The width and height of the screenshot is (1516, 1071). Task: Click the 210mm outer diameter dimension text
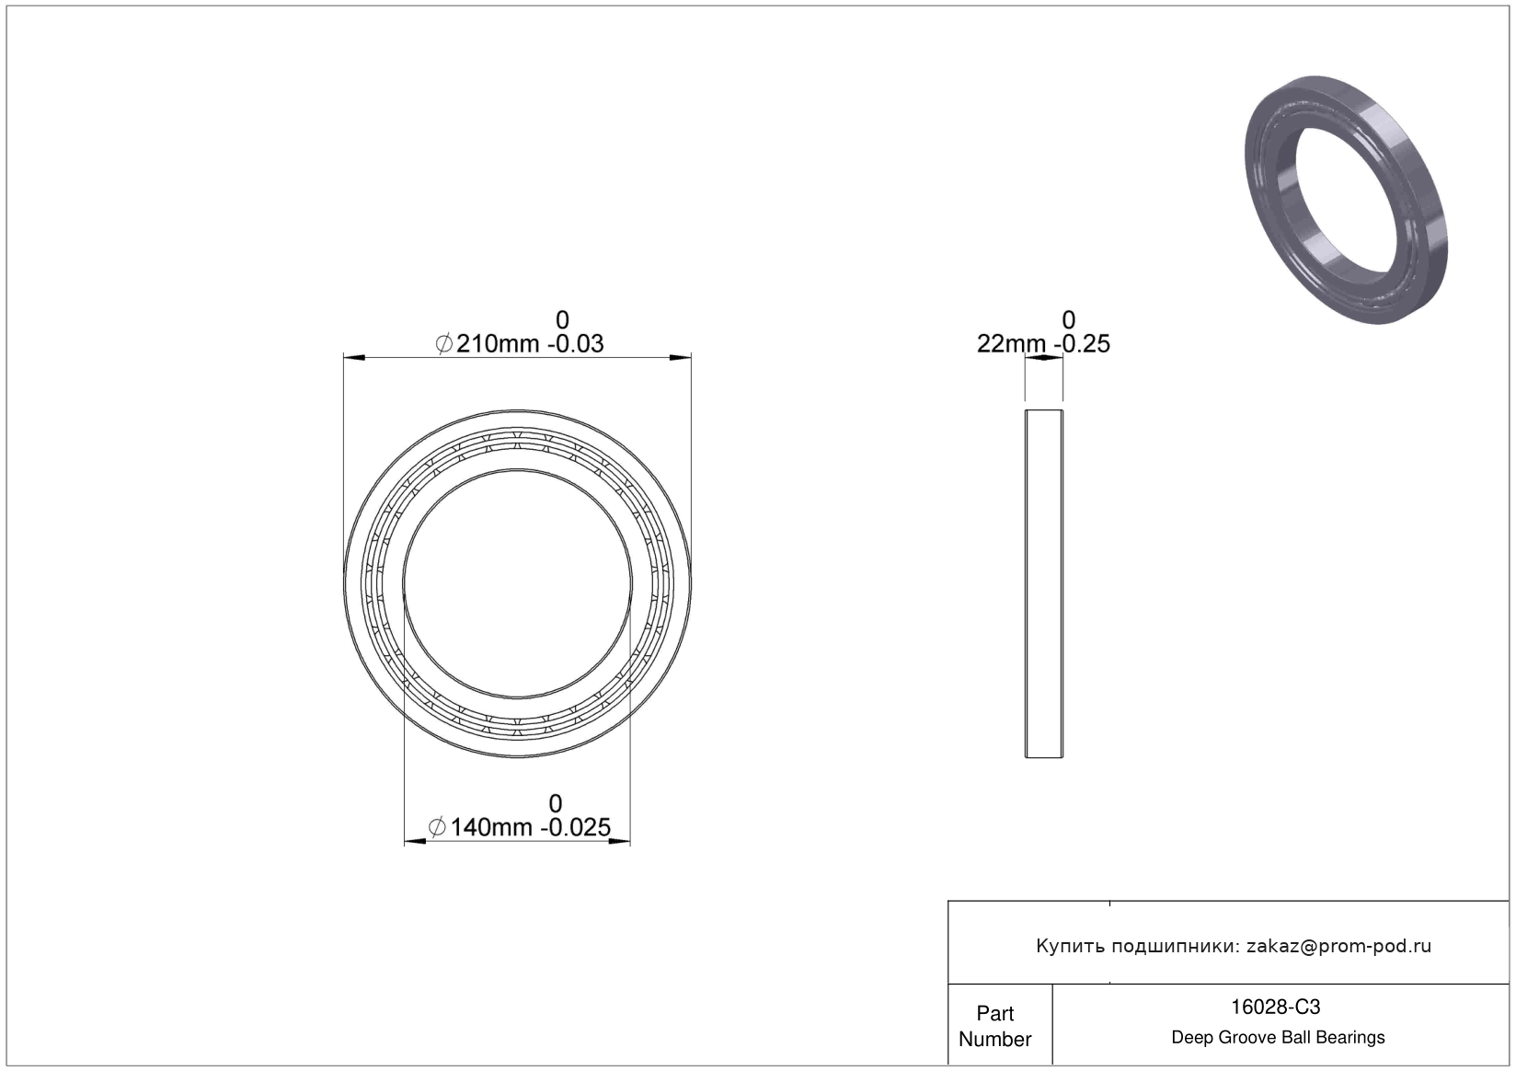pyautogui.click(x=498, y=344)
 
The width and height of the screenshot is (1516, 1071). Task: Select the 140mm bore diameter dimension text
pyautogui.click(x=491, y=827)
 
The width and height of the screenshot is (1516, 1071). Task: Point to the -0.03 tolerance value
pyautogui.click(x=575, y=344)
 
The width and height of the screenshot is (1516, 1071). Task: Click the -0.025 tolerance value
pyautogui.click(x=575, y=827)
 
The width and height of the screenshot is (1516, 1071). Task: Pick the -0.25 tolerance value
pyautogui.click(x=1082, y=344)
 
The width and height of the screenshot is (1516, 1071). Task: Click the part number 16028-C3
pyautogui.click(x=1275, y=1008)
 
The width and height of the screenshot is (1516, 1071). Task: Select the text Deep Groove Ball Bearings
pyautogui.click(x=1278, y=1037)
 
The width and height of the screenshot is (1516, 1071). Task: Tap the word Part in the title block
pyautogui.click(x=995, y=1013)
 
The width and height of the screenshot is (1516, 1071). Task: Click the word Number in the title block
pyautogui.click(x=995, y=1039)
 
